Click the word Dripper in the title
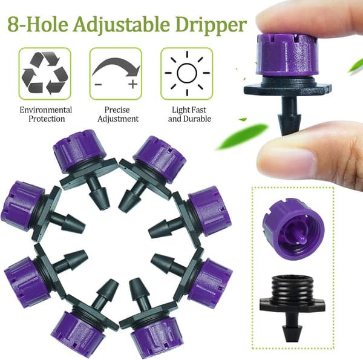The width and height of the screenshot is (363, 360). coord(211,24)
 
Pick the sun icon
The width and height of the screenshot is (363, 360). coord(187,73)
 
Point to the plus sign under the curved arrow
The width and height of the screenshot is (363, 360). coord(133,84)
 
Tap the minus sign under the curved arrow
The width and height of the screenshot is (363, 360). coord(98,84)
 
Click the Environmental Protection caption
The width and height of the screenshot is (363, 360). coord(46,114)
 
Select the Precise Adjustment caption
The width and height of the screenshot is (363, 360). coord(117,114)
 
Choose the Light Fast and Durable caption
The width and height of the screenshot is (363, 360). coord(189,114)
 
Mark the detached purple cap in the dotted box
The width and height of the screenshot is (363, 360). coord(293,229)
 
